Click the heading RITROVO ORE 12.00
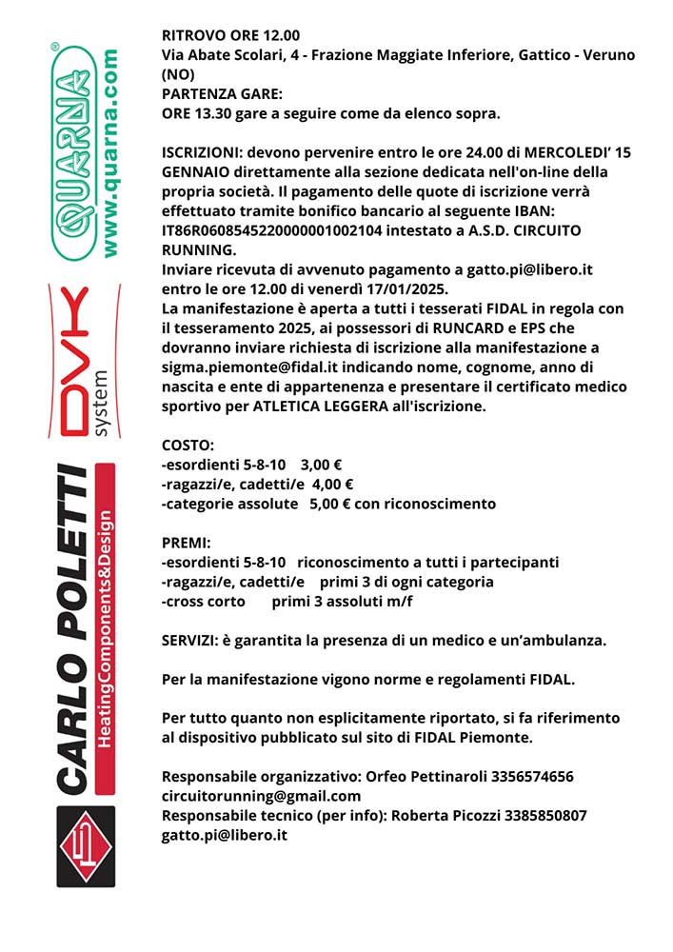[230, 36]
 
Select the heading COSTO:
[188, 445]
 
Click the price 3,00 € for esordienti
[321, 465]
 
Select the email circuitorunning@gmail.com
[261, 796]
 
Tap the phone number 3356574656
[532, 777]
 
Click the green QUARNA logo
[70, 152]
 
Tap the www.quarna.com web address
[110, 152]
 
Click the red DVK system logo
[81, 360]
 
